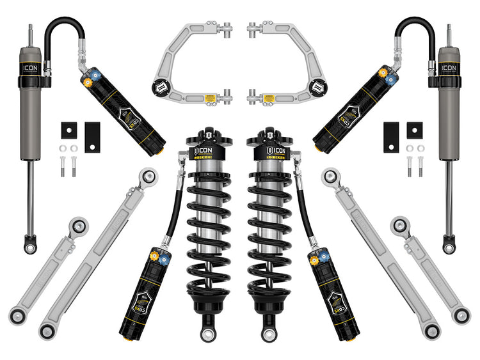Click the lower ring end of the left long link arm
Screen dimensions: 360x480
pos(46,331)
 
